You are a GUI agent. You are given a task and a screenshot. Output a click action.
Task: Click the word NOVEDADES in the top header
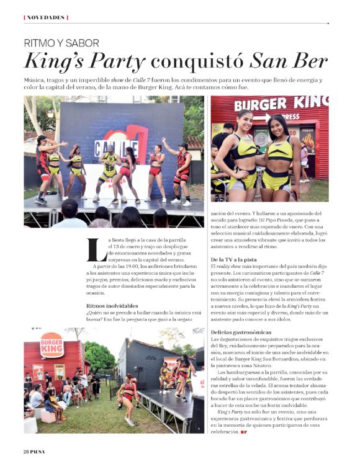45,17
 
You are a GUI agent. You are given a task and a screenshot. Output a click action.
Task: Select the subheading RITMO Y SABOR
61,43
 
